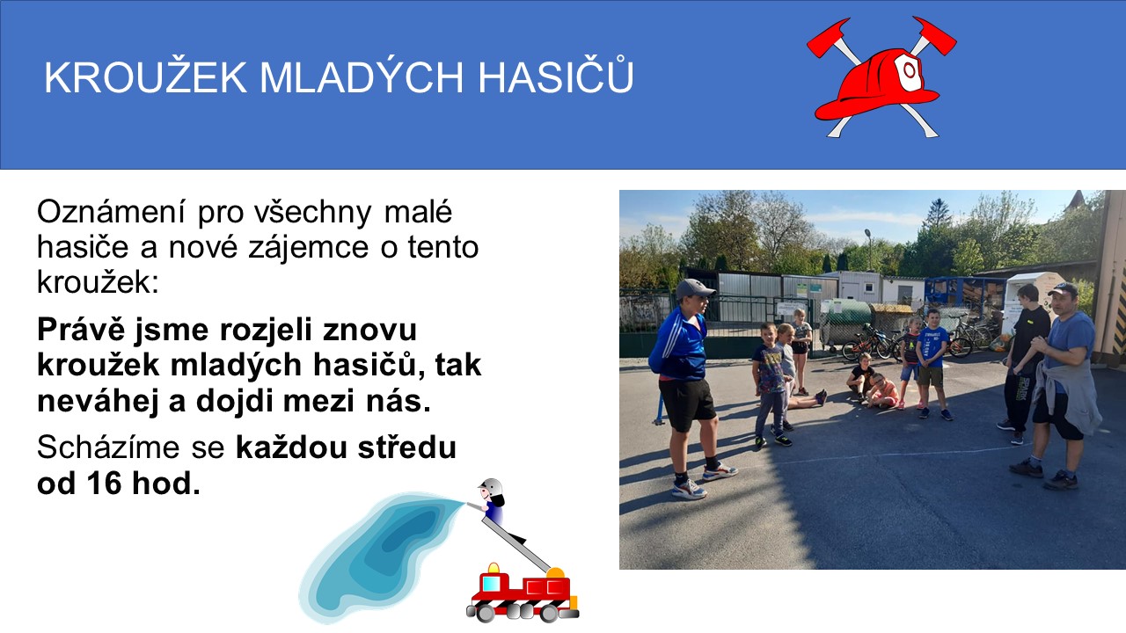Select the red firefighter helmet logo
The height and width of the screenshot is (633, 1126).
coord(881,76)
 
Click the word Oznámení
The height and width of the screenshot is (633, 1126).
coord(111,212)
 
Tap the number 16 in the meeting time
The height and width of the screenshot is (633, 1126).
coord(104,483)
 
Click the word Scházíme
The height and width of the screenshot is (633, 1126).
coord(107,447)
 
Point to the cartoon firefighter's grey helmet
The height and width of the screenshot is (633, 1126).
coord(490,486)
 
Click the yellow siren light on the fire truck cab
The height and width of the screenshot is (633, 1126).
coord(494,568)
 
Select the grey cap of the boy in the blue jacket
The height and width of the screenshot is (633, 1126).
coord(694,289)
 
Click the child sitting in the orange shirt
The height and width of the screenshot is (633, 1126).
coord(882,391)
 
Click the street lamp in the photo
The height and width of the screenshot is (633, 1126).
coord(868,250)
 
